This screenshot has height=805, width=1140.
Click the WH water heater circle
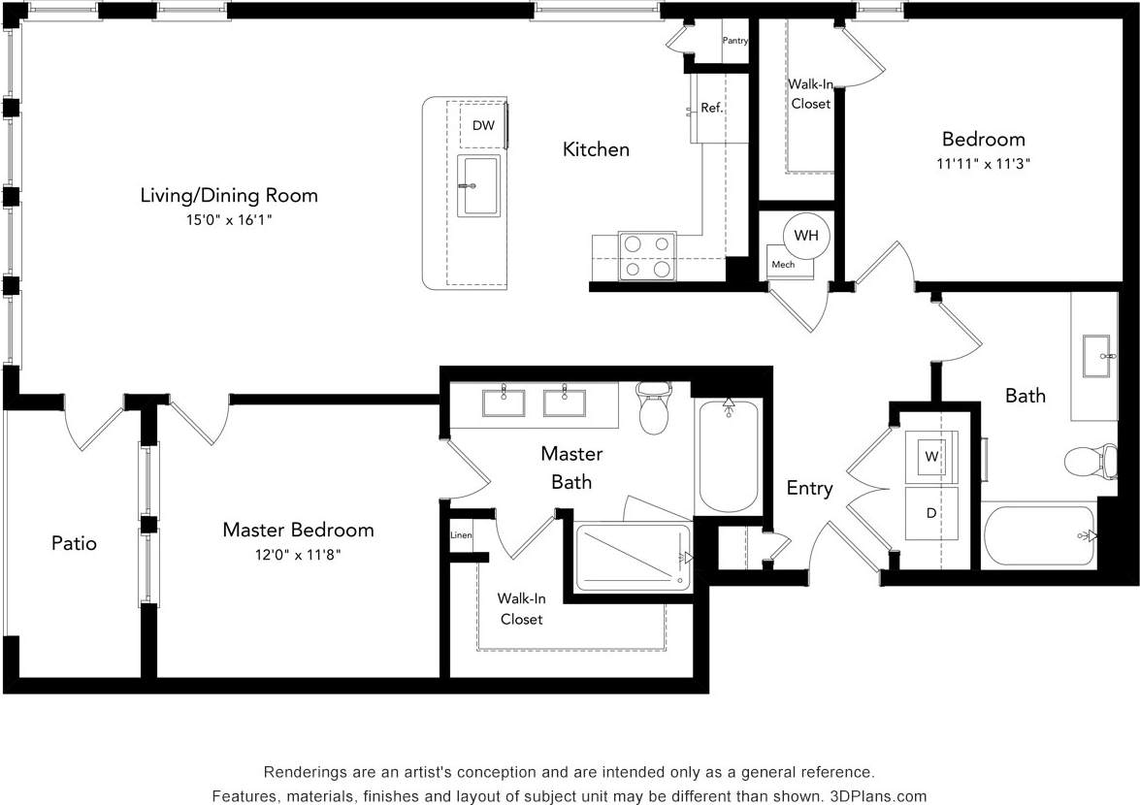(805, 236)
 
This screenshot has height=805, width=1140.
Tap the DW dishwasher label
(483, 125)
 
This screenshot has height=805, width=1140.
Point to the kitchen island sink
(478, 185)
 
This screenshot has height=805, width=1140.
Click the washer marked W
(931, 456)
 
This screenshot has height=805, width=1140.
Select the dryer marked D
(931, 513)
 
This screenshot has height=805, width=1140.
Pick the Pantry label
(735, 41)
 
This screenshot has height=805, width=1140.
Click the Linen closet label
(461, 534)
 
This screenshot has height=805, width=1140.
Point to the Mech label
(783, 264)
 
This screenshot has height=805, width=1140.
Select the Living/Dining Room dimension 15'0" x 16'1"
(229, 220)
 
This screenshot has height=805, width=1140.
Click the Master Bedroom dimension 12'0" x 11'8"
(297, 555)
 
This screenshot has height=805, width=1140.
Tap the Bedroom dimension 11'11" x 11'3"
(983, 164)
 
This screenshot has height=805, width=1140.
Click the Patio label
(74, 543)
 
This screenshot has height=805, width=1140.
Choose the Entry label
(809, 488)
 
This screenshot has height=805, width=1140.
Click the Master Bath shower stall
(633, 557)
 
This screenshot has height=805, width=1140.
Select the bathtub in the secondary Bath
(1039, 535)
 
